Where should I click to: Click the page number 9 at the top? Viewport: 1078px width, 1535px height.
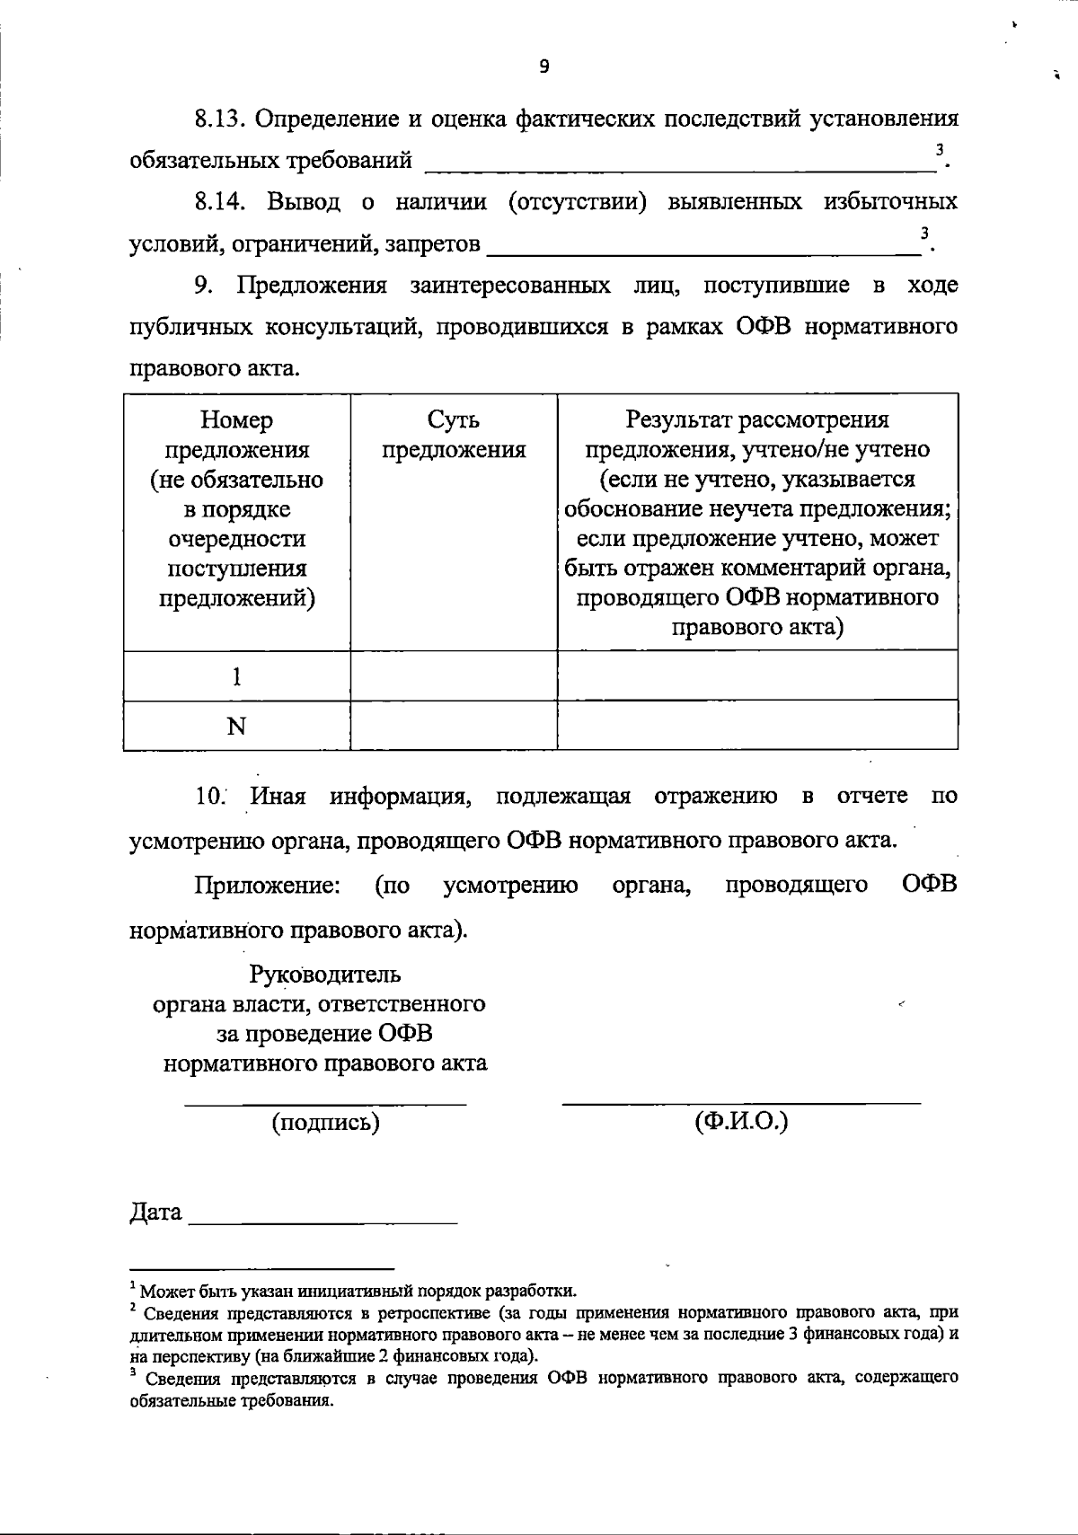tap(543, 66)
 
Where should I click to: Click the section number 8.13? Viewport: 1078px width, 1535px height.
tap(221, 119)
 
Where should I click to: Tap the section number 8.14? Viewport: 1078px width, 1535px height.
tap(221, 201)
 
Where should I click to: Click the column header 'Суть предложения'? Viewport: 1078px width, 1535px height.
tap(454, 435)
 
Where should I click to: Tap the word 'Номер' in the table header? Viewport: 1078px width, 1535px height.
tap(237, 420)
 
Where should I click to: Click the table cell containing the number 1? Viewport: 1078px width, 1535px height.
tap(237, 676)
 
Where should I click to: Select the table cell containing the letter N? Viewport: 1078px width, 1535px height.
tap(237, 726)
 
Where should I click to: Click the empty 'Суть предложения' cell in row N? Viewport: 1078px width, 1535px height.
tap(454, 726)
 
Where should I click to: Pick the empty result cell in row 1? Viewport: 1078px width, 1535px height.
tap(757, 676)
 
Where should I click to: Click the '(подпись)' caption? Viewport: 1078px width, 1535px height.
tap(325, 1122)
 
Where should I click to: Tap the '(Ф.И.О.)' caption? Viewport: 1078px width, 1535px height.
tap(741, 1122)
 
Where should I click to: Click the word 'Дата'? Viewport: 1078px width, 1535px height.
tap(156, 1213)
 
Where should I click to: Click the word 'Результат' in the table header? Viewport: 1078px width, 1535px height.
tap(678, 420)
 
